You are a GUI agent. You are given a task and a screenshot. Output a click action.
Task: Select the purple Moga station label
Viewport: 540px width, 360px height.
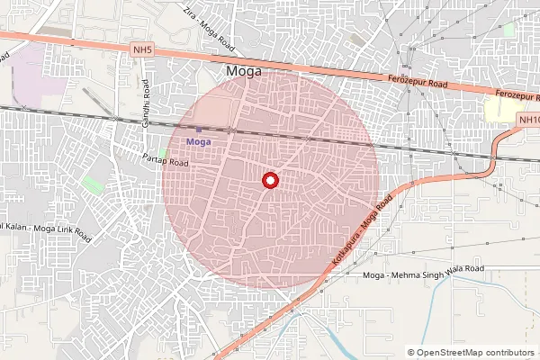199,142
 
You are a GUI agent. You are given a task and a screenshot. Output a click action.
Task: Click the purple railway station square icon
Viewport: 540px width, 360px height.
199,130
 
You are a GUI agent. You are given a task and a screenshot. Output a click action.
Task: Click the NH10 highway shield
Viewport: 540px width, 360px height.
529,120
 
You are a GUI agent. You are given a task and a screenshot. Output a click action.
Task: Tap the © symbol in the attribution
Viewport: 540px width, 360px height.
411,353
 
